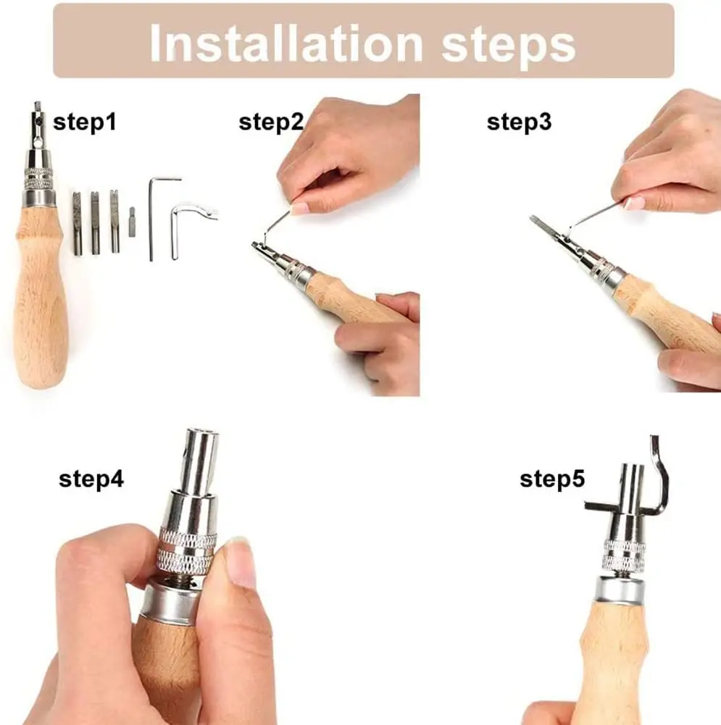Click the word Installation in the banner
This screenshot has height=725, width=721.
coord(286,43)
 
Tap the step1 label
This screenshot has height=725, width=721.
coord(85,122)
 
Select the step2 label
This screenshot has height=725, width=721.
coord(271,122)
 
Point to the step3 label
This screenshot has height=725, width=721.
coord(519,122)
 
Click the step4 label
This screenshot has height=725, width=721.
coord(91,479)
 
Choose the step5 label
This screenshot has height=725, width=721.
coord(552,479)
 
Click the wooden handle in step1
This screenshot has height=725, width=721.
coord(41,296)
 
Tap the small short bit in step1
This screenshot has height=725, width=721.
coord(132,215)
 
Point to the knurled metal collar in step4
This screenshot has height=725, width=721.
coord(186,550)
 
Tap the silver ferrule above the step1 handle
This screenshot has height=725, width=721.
coord(39,198)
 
